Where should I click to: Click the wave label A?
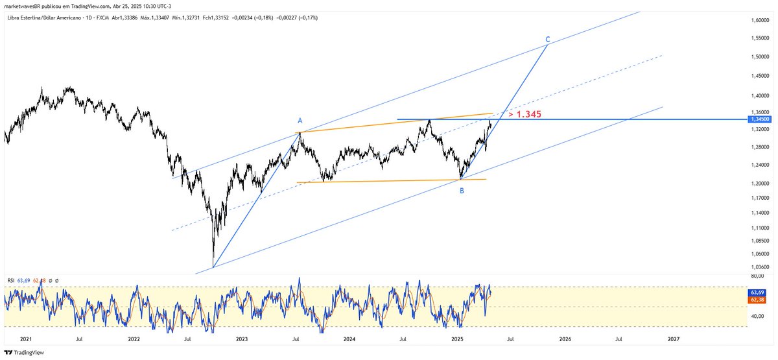pyautogui.click(x=300, y=121)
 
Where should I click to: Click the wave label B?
pyautogui.click(x=462, y=191)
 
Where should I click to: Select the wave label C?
pyautogui.click(x=548, y=40)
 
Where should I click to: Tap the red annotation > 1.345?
pyautogui.click(x=525, y=114)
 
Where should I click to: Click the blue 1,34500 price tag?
pyautogui.click(x=759, y=119)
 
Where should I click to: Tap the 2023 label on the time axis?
pyautogui.click(x=241, y=339)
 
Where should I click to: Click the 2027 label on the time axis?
pyautogui.click(x=673, y=339)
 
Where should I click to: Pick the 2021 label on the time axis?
pyautogui.click(x=26, y=339)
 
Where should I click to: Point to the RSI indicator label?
pyautogui.click(x=11, y=280)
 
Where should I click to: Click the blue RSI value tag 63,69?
pyautogui.click(x=759, y=293)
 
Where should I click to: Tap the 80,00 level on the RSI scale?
pyautogui.click(x=757, y=277)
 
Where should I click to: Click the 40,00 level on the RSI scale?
pyautogui.click(x=757, y=317)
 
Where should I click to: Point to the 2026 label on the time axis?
pyautogui.click(x=565, y=339)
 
